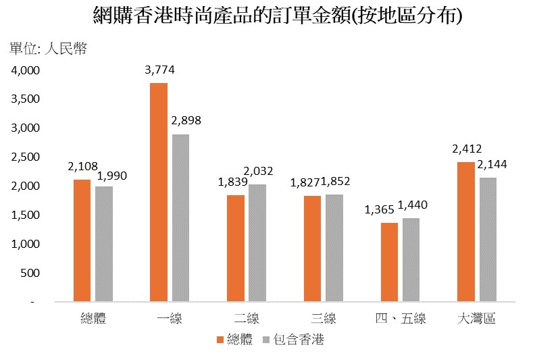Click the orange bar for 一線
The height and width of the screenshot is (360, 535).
tap(159, 192)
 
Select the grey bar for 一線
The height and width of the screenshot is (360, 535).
tap(180, 217)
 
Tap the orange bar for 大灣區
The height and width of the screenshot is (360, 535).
tap(466, 232)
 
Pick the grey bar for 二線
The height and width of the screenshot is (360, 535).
tap(257, 242)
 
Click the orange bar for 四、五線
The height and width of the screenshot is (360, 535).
tap(389, 261)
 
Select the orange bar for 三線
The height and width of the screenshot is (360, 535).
tap(313, 248)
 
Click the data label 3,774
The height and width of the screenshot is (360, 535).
tap(159, 70)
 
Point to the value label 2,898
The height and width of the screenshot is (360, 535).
tap(186, 121)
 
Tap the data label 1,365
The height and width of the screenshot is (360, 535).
tap(378, 210)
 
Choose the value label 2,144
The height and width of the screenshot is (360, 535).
tap(492, 164)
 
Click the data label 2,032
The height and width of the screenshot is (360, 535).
tap(259, 171)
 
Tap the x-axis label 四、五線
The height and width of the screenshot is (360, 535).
tap(400, 318)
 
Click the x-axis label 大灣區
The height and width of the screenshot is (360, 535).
tap(476, 318)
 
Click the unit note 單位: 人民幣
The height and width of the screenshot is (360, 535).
tap(48, 49)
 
